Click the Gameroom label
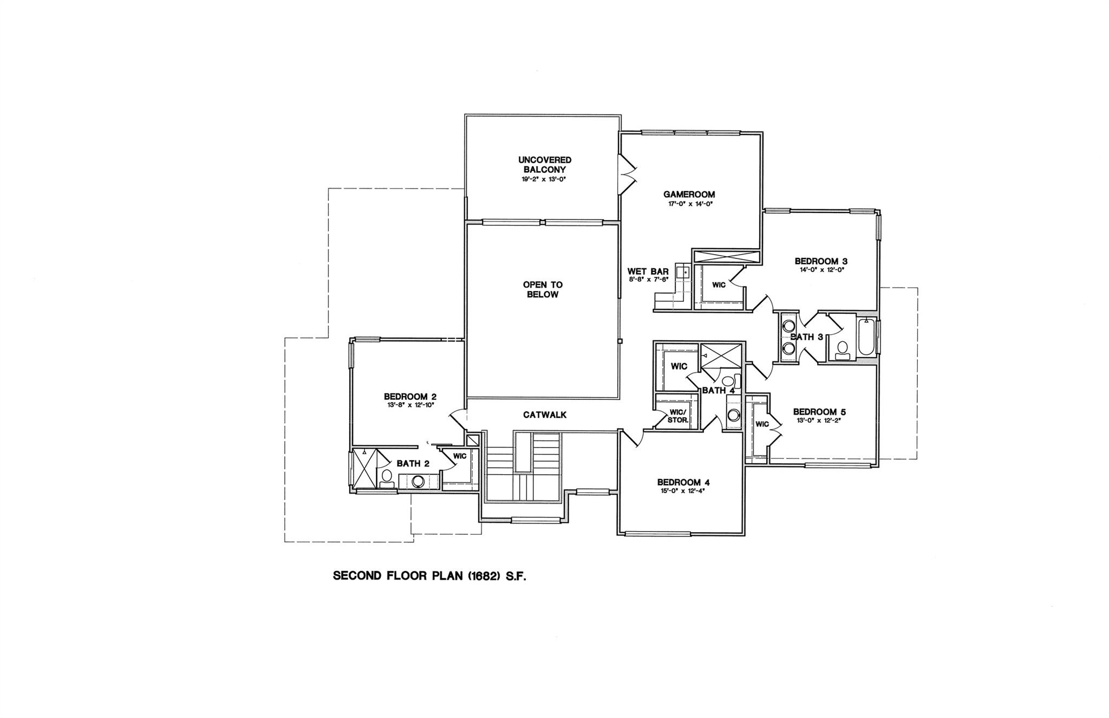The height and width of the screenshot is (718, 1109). [x=689, y=195]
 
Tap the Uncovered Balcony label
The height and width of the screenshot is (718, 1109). [x=545, y=165]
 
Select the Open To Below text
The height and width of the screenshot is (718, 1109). [x=543, y=289]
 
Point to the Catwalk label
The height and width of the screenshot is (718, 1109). [x=545, y=415]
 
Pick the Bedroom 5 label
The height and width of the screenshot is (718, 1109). [x=819, y=412]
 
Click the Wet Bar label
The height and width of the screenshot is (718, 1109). [x=648, y=271]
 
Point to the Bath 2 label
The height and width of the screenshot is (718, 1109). [x=413, y=463]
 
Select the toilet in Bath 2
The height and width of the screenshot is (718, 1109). [x=387, y=477]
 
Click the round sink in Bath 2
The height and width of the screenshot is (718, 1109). [x=417, y=481]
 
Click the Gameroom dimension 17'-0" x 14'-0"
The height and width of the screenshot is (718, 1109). [x=689, y=204]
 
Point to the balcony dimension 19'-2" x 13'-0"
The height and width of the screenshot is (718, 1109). [x=545, y=178]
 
